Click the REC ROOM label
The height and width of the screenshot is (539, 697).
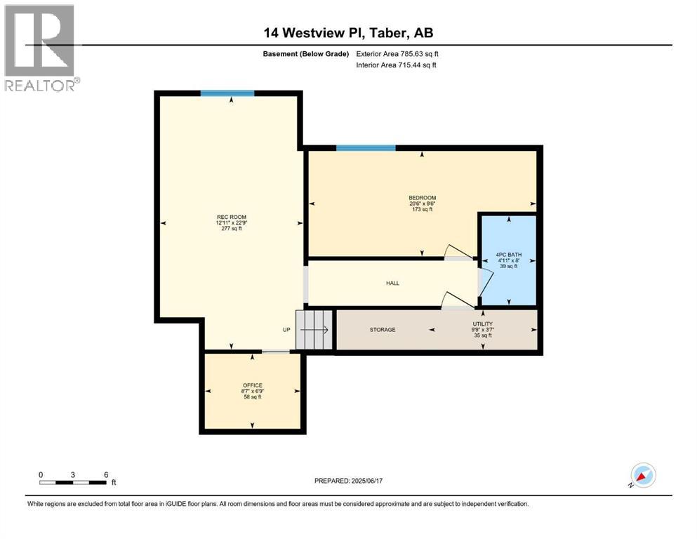[x=229, y=217]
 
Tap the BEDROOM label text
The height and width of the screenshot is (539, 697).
[x=423, y=197]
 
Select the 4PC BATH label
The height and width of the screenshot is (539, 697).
[x=510, y=255]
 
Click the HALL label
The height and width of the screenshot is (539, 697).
[x=392, y=283]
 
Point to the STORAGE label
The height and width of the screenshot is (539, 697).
[x=383, y=329]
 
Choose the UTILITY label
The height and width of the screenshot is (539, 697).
[x=482, y=324]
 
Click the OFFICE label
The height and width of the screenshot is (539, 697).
[x=253, y=385]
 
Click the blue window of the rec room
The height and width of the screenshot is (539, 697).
[x=227, y=93]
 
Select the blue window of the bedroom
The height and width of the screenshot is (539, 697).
[x=365, y=148]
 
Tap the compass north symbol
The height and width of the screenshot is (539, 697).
[x=642, y=475]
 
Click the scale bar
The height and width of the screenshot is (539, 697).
[x=73, y=482]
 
